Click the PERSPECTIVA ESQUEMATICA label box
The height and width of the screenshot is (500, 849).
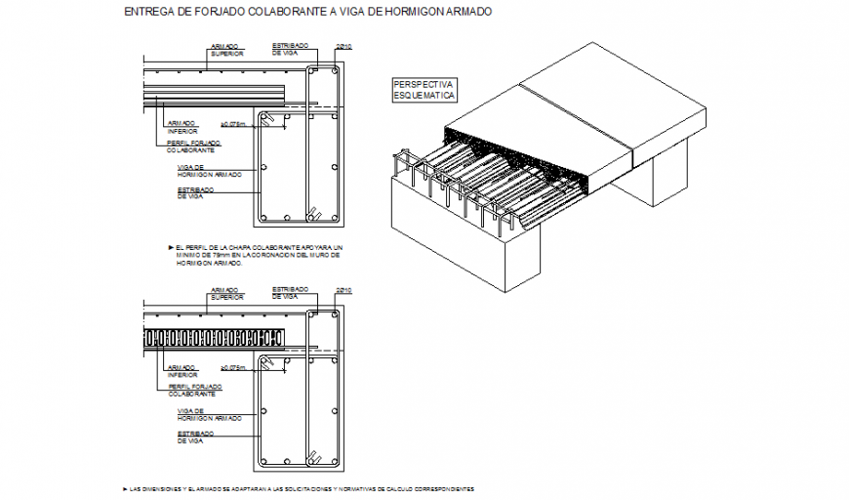pos(424,90)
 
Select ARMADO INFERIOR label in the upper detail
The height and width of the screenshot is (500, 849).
pos(182,127)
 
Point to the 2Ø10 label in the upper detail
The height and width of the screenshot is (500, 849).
pos(342,46)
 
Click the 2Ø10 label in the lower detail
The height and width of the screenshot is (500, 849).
pos(342,290)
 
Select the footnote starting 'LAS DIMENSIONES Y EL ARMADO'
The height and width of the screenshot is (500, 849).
pos(303,487)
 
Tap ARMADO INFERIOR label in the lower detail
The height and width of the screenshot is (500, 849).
pos(182,371)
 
